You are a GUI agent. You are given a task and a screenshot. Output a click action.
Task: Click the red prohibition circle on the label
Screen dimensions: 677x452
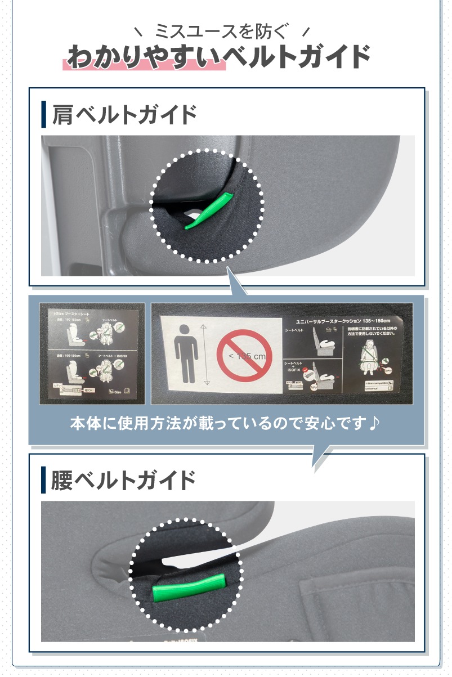pos(244,356)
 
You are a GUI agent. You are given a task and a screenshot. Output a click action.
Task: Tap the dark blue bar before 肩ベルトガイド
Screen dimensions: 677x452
pos(44,115)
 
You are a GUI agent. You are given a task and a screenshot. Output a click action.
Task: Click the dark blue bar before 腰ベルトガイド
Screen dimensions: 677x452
pos(44,481)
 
